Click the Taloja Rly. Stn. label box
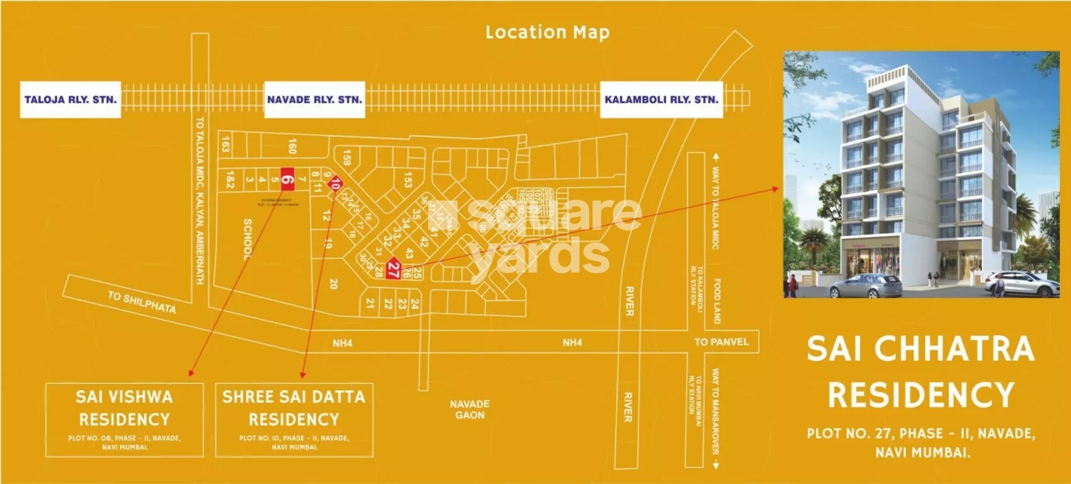(x=70, y=100)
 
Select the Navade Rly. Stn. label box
(x=314, y=100)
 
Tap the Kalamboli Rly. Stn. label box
(x=660, y=100)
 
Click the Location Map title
(x=547, y=32)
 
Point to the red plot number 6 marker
(x=288, y=180)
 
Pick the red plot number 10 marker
(x=335, y=184)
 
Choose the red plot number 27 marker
(x=394, y=270)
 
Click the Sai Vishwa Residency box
(x=125, y=420)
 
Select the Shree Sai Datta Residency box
(x=294, y=420)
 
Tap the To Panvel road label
(x=722, y=342)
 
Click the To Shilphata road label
(x=142, y=302)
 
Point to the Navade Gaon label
(x=470, y=410)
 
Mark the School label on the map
(x=247, y=239)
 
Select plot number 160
(x=292, y=146)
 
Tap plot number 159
(x=346, y=156)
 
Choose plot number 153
(x=408, y=180)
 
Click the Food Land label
(x=717, y=302)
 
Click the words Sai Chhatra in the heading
(x=921, y=349)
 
